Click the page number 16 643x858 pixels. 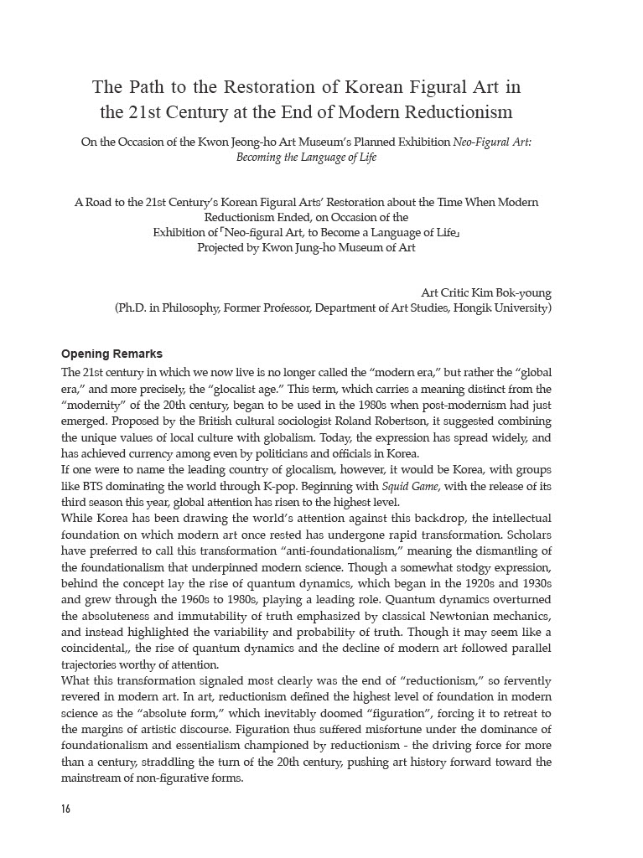click(x=66, y=809)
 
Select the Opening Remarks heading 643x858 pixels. click(x=112, y=354)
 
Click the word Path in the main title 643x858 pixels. click(x=144, y=87)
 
